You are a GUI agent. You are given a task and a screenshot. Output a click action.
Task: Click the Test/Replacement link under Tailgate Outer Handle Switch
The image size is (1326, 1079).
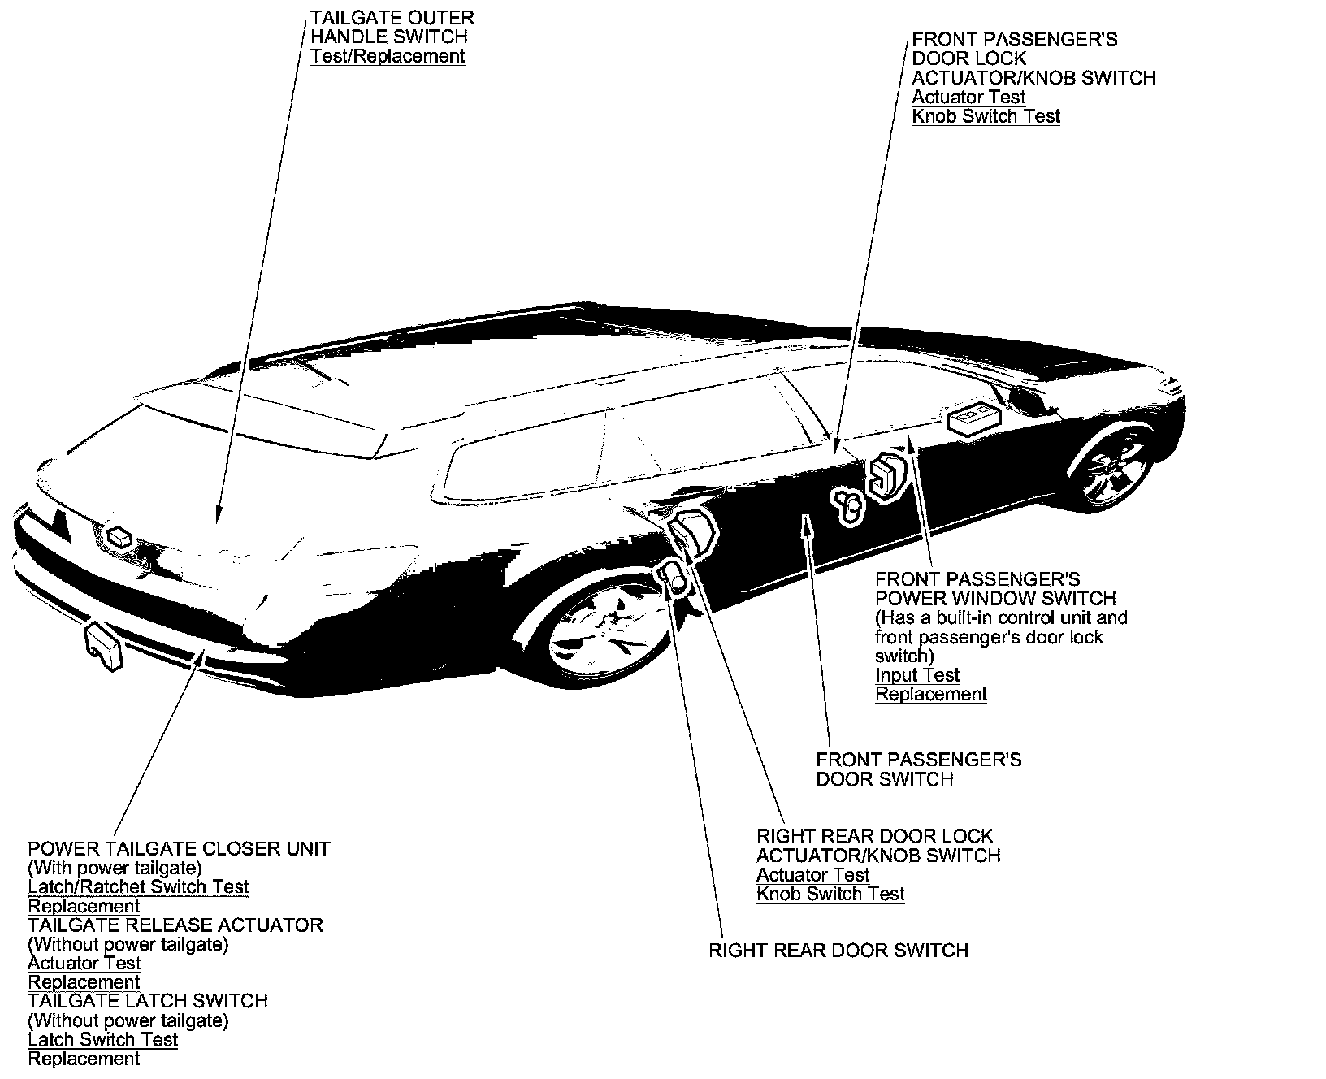tap(388, 56)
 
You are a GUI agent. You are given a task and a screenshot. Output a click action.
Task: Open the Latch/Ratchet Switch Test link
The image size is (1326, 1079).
tap(138, 886)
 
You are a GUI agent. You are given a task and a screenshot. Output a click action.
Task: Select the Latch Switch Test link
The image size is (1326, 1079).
tap(102, 1039)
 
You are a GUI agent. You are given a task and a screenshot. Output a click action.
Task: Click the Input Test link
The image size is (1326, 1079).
tap(917, 675)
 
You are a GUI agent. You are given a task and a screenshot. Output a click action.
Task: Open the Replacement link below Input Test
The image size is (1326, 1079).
tap(930, 695)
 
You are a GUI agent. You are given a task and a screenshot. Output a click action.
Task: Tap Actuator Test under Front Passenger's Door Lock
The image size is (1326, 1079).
tap(968, 97)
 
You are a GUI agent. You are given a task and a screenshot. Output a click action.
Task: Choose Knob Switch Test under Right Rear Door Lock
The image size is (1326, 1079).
tap(830, 895)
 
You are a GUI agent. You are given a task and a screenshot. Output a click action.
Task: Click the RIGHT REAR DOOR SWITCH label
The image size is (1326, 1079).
tap(838, 951)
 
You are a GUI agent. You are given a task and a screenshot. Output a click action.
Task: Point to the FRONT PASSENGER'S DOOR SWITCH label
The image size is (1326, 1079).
tap(918, 769)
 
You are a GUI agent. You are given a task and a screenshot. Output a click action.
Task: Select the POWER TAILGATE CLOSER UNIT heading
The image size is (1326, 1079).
tap(179, 848)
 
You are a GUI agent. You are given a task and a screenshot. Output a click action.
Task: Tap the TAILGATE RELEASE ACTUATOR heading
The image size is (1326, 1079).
tap(175, 925)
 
